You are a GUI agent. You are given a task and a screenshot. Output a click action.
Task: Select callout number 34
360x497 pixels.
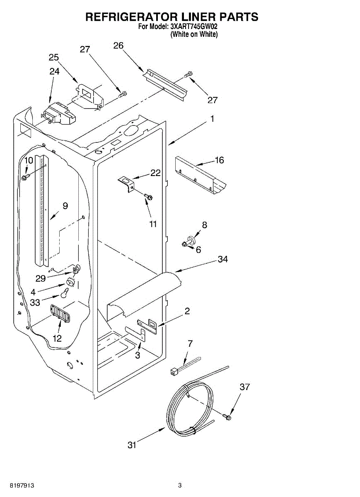pos(223,260)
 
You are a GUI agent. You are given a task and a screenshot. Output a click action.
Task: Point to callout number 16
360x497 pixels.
pos(219,160)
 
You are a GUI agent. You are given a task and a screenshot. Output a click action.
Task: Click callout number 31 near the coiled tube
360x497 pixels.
pos(132,445)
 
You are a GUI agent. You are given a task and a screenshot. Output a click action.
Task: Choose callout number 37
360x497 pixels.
pos(245,387)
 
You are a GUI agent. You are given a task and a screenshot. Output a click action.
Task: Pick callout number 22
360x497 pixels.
pos(155,173)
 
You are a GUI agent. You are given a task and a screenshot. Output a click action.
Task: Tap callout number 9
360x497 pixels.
pos(65,205)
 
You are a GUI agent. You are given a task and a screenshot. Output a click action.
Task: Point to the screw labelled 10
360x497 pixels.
pos(25,177)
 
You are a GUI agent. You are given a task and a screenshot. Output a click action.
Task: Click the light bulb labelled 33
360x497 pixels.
pos(64,293)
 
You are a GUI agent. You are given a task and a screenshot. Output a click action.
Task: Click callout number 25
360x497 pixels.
pos(53,57)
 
